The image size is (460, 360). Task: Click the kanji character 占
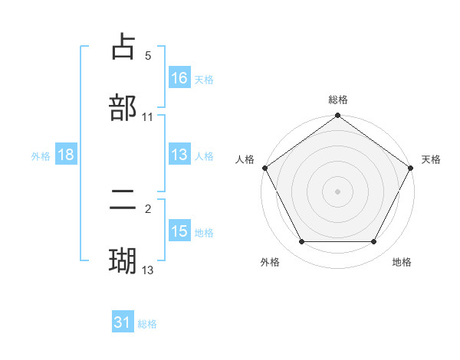[123, 47]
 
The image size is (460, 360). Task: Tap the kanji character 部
[123, 107]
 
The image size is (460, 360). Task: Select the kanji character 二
[123, 201]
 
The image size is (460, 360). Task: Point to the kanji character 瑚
[123, 260]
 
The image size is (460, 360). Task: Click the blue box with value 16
[179, 77]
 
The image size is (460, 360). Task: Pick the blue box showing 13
[179, 155]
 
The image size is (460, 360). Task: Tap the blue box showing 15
[179, 231]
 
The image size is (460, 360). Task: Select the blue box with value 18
[66, 155]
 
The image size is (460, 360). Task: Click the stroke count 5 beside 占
[148, 56]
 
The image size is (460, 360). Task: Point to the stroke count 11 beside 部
[148, 116]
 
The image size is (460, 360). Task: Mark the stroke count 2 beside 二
[148, 209]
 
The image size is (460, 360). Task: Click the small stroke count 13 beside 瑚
[148, 270]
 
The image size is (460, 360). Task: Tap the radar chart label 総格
[338, 100]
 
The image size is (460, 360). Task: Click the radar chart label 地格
[402, 263]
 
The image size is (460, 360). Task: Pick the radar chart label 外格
[270, 263]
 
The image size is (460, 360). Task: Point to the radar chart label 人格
[245, 159]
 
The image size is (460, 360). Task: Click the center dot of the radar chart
[338, 191]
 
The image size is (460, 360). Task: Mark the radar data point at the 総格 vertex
[338, 116]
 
